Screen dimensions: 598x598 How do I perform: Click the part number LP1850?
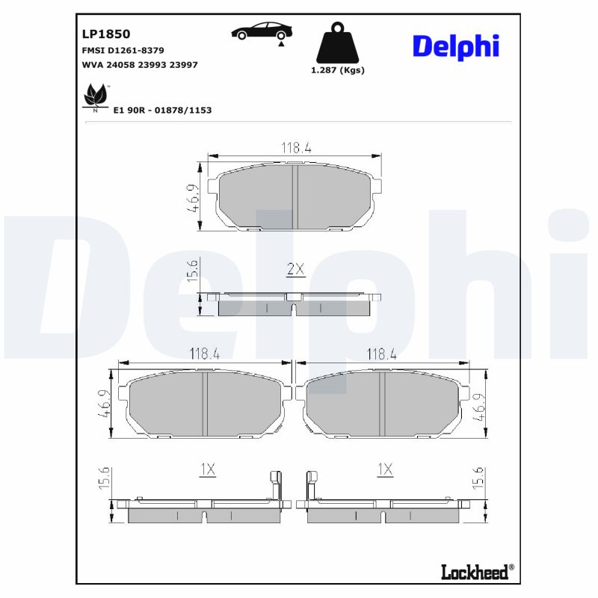click(x=105, y=34)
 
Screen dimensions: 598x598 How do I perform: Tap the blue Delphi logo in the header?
click(x=454, y=46)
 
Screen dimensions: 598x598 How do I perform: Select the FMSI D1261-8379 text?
click(x=123, y=50)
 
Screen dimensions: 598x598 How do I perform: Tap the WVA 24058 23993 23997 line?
click(x=139, y=65)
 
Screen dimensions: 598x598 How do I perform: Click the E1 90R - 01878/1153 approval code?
click(x=162, y=110)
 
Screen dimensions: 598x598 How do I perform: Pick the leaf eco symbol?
click(x=95, y=96)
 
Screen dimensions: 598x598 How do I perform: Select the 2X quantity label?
click(x=296, y=270)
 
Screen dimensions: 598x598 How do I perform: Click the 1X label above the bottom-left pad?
click(x=207, y=469)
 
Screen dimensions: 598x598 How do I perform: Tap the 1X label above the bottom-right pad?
click(x=385, y=469)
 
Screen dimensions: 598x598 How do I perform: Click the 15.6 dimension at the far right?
click(x=479, y=478)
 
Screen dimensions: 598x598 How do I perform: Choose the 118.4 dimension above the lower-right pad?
click(x=380, y=354)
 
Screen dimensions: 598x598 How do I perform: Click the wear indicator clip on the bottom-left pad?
click(x=274, y=486)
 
